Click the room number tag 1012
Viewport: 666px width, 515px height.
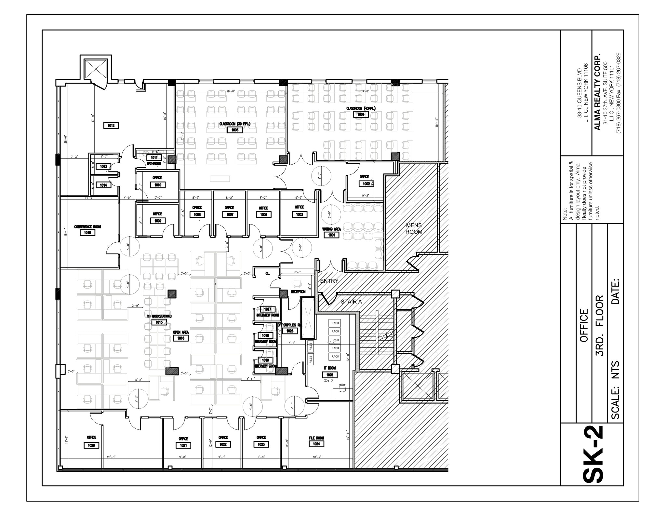pos(111,126)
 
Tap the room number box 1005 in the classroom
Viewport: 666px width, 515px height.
pos(234,130)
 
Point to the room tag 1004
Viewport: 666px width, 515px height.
pos(361,115)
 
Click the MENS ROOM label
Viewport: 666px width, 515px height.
pos(414,228)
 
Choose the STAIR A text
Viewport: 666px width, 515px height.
pos(351,302)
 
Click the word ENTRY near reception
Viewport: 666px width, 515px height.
pos(329,281)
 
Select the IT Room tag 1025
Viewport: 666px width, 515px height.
pos(330,375)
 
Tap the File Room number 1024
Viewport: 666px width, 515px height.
pos(316,444)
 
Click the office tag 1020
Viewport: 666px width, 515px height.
pos(91,445)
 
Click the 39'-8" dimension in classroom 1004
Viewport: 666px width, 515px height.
pos(365,91)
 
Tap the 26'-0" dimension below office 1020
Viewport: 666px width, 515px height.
pos(111,457)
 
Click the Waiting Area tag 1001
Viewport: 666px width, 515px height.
pos(331,235)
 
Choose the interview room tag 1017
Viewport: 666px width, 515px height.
pos(267,309)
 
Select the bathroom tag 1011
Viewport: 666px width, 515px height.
pos(154,158)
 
